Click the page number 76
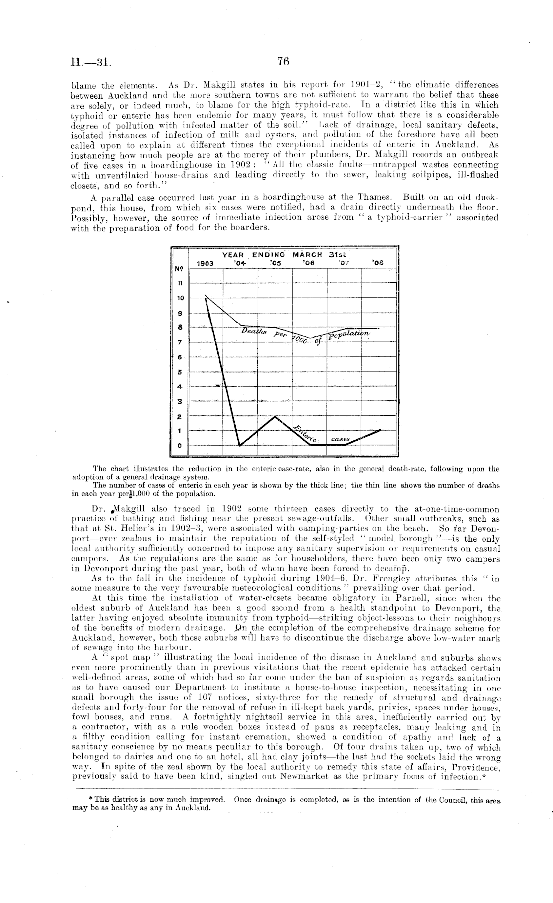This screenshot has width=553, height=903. [x=283, y=62]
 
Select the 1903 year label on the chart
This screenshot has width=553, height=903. [x=205, y=263]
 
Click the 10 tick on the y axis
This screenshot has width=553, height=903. [x=180, y=298]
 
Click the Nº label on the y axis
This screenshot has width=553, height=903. [x=179, y=269]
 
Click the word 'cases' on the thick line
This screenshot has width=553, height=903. [x=340, y=439]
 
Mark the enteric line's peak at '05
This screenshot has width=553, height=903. [x=275, y=416]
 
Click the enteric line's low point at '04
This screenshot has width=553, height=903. [x=240, y=445]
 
